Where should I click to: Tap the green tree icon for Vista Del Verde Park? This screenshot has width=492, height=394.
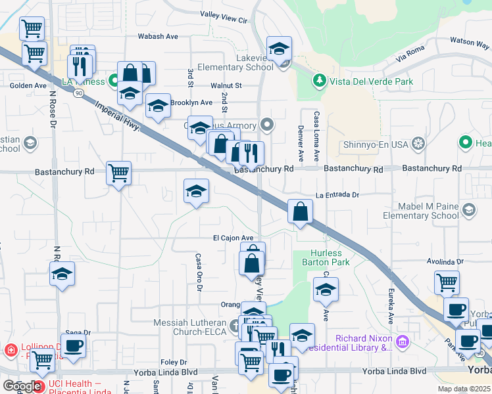[319, 81]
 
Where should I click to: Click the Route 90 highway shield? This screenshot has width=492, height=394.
[78, 94]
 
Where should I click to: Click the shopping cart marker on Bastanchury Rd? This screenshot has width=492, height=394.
[119, 173]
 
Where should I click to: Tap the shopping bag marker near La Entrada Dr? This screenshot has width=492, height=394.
[300, 211]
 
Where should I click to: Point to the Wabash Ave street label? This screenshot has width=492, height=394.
[159, 36]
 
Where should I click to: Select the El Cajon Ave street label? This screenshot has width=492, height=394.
[232, 238]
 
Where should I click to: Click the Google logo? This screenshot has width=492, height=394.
[22, 387]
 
